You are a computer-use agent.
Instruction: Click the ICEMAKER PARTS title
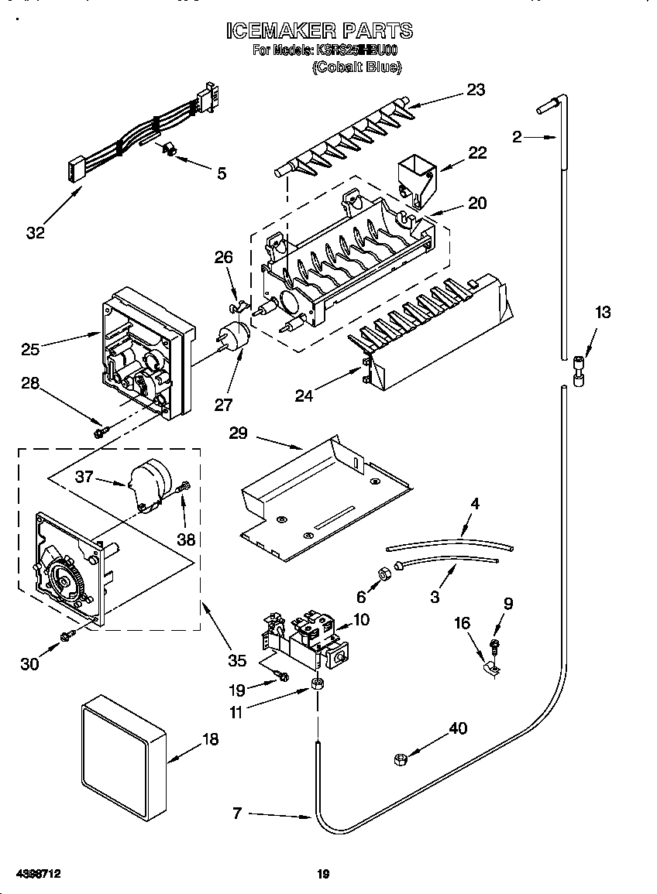318,31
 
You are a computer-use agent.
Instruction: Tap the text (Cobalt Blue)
356,67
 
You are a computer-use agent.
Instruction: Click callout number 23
475,90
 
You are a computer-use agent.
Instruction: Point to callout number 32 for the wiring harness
35,232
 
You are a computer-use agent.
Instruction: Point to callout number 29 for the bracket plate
238,433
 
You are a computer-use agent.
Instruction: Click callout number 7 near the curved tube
237,813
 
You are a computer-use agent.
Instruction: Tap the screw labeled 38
184,488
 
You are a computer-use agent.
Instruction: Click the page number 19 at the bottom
324,875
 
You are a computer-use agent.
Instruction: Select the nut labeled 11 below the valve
316,683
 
